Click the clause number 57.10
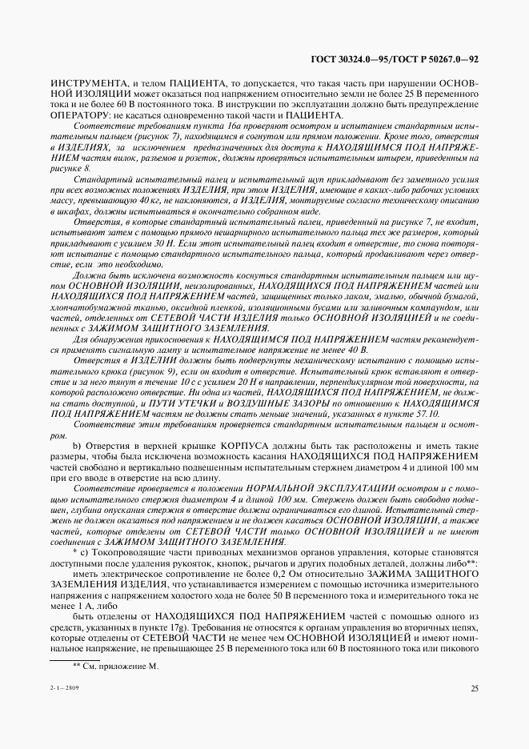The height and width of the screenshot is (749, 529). click(426, 415)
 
